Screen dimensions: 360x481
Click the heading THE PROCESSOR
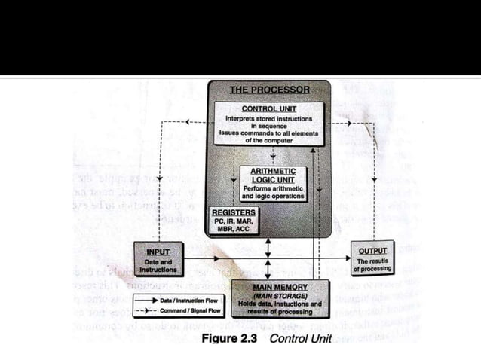[269, 90]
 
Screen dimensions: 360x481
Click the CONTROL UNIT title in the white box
[269, 108]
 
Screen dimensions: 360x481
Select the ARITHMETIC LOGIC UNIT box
[273, 184]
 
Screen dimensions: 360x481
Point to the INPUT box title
[158, 251]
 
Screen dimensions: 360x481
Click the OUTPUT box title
[372, 251]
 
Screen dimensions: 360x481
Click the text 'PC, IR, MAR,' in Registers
[234, 221]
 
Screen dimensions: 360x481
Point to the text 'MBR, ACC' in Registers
[234, 230]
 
